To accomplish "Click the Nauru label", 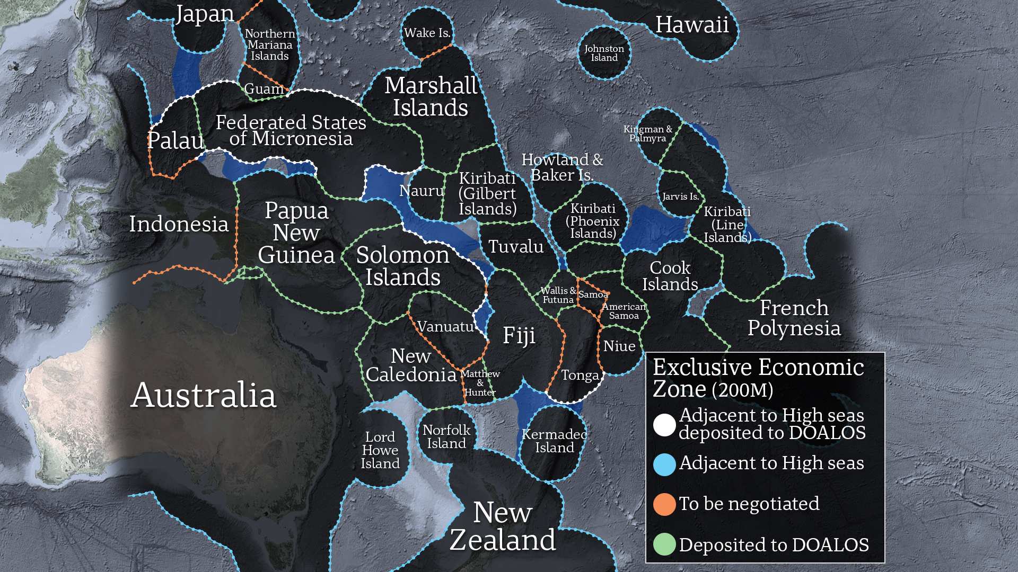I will point(422,191).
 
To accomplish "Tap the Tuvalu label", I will point(515,247).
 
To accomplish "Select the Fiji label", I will point(519,335).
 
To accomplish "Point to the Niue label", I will point(619,346).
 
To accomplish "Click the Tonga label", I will point(580,376).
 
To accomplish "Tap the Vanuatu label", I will point(445,327).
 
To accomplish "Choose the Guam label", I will point(264,89).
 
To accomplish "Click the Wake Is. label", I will point(427,33).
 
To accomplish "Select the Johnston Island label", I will point(604,53).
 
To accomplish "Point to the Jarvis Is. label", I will point(680,196).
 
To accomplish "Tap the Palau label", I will point(175,141).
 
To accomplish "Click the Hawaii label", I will point(691,25).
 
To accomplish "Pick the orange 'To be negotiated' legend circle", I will point(664,504).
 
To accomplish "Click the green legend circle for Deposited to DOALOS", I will point(664,544).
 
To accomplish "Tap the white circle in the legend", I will point(664,424).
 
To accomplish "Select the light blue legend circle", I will point(664,464).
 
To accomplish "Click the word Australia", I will point(203,395).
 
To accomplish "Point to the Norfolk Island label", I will point(446,437).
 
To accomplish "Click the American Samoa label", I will point(624,311).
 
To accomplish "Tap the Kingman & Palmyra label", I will point(647,133).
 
